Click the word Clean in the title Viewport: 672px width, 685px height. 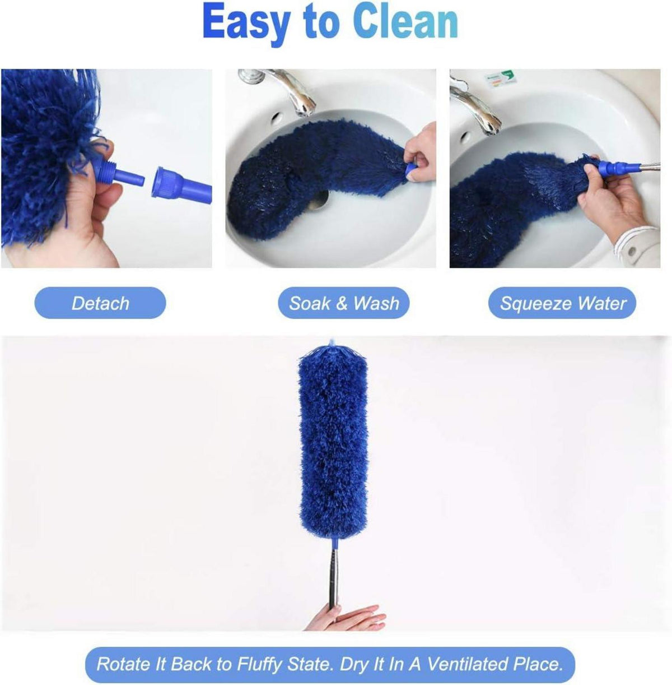point(406,22)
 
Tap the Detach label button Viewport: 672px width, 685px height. point(100,303)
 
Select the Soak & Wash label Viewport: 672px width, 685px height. point(344,303)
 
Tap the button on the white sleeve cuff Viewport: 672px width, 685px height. point(632,251)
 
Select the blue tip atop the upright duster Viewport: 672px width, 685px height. point(332,343)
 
